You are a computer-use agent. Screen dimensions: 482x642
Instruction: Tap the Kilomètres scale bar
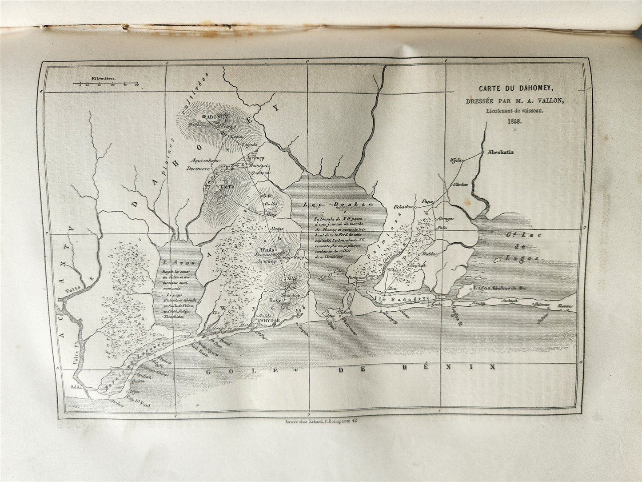pos(107,84)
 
